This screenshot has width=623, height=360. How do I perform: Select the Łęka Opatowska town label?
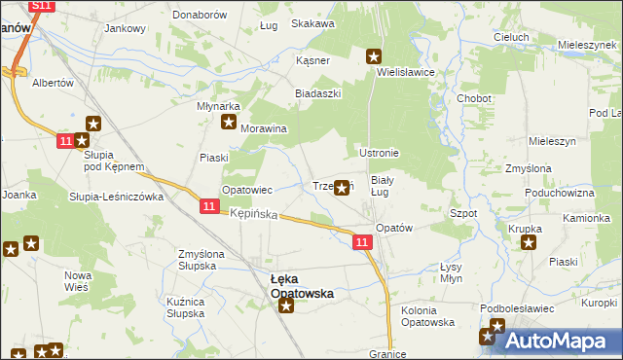coord(302,285)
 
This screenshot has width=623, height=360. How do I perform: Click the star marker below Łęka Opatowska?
coord(287,307)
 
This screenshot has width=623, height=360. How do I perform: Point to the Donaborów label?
coord(200,16)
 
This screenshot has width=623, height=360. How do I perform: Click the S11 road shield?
coord(40,6)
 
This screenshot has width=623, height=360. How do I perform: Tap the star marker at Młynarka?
coord(229,123)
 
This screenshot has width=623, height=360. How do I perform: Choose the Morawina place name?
coord(264,128)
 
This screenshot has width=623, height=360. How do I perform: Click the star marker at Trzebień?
coord(343,189)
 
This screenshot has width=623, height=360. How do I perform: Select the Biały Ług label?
coord(383,186)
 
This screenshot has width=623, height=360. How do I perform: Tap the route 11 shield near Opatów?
coord(362,242)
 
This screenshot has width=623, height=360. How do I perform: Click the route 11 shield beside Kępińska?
coord(209,206)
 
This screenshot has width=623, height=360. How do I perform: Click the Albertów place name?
coord(54,84)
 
